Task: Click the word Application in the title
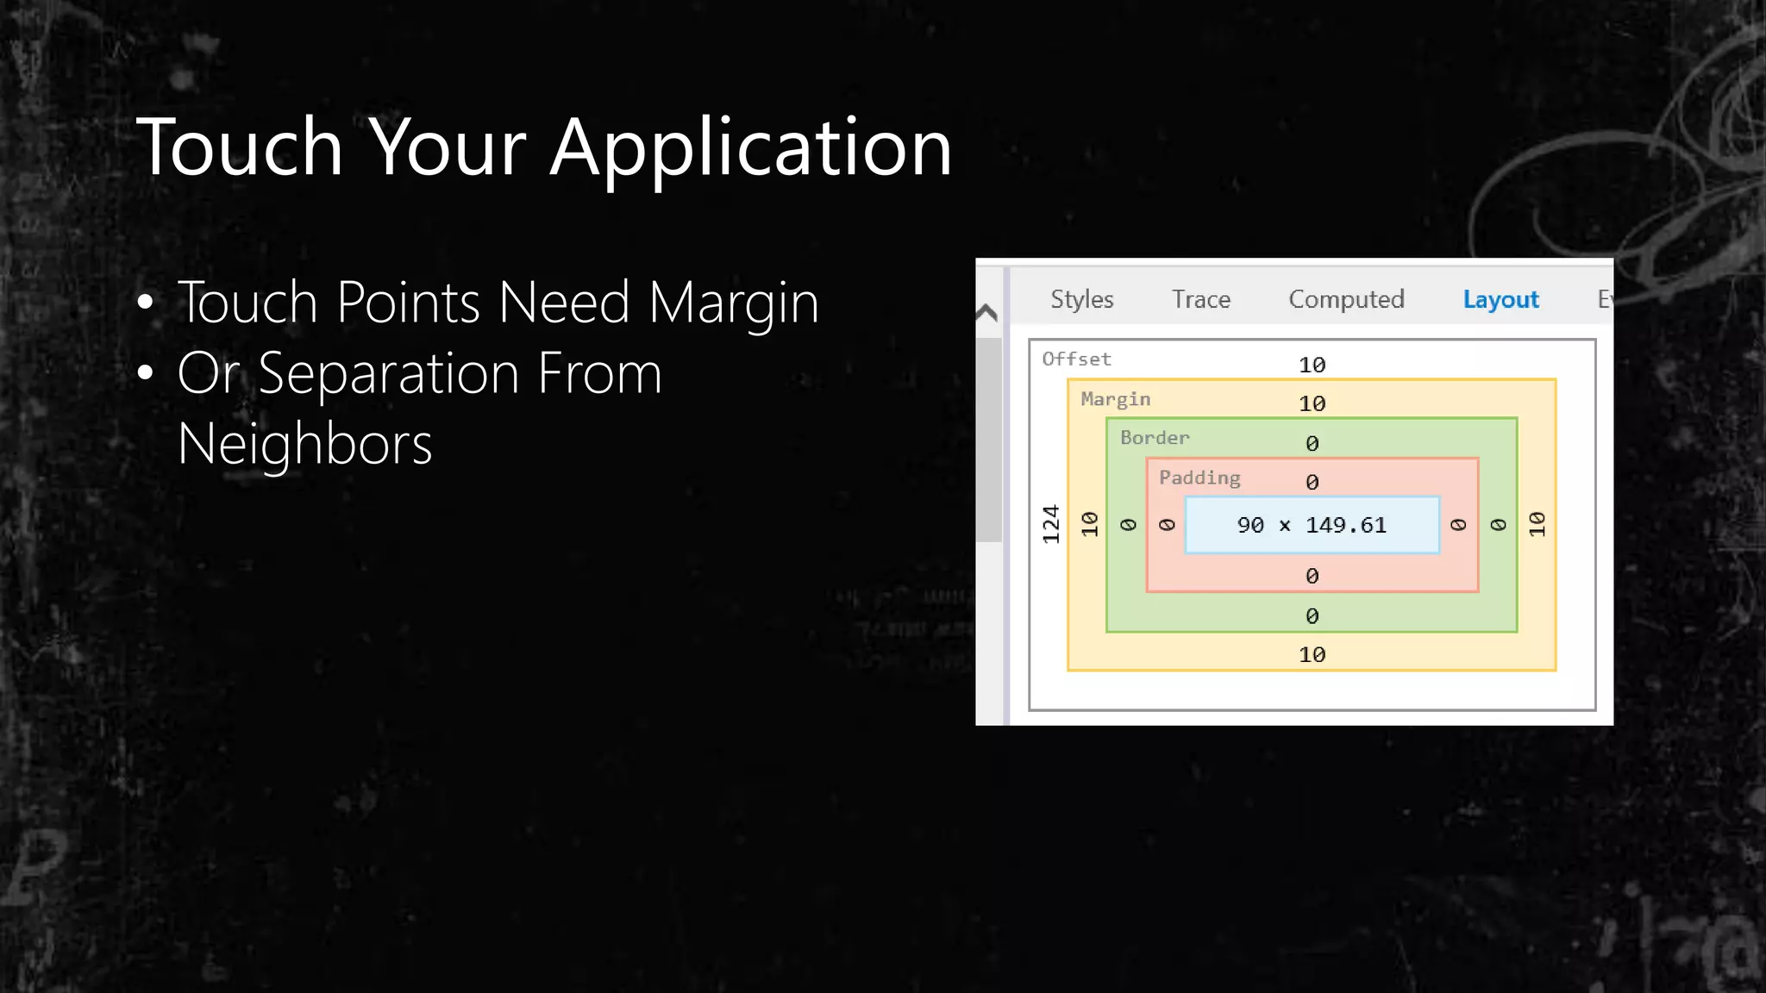750,148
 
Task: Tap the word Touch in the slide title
240,148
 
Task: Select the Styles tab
1081,299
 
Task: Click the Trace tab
1200,299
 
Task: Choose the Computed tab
1346,299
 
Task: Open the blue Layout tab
1500,299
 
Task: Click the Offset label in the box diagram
1076,359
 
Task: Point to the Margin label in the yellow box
1115,398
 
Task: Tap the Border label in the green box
1154,438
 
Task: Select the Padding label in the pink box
1199,478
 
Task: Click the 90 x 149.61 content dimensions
1312,525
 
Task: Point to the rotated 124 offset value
1050,524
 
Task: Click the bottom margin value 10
1312,655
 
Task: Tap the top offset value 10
1312,365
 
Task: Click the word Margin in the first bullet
733,303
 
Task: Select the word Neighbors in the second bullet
304,445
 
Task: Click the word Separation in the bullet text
388,374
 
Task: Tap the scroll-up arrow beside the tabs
987,312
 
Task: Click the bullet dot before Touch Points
145,303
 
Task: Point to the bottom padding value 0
1312,576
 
